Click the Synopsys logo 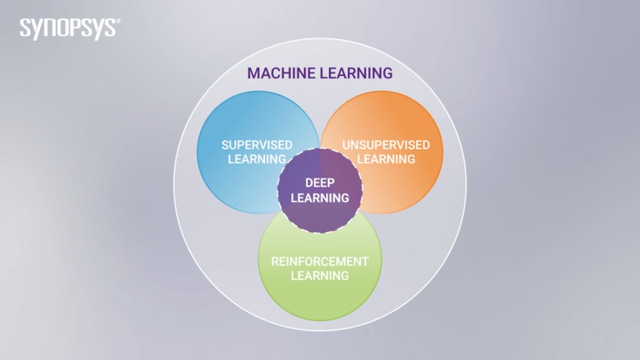(68, 29)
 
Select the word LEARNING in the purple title (356, 73)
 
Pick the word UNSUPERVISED (386, 145)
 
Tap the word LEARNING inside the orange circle (386, 159)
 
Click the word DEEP (319, 183)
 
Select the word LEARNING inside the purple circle (319, 198)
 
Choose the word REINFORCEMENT (320, 261)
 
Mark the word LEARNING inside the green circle (320, 276)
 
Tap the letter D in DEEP (309, 183)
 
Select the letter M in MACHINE (253, 73)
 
